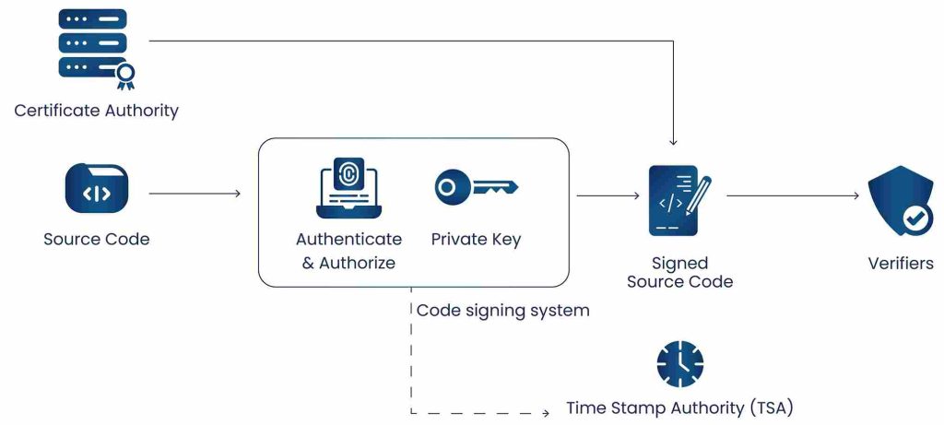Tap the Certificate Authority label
(96, 111)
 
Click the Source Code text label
(96, 239)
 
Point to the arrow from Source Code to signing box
(194, 194)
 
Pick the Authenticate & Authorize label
(348, 251)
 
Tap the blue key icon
(476, 188)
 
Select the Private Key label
(476, 239)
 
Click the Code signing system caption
(502, 311)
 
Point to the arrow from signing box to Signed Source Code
(607, 195)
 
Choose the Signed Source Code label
(679, 272)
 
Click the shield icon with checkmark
(901, 201)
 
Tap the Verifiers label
(901, 263)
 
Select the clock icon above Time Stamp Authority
(679, 363)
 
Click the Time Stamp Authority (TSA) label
(679, 407)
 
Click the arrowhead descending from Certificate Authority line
(673, 142)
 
